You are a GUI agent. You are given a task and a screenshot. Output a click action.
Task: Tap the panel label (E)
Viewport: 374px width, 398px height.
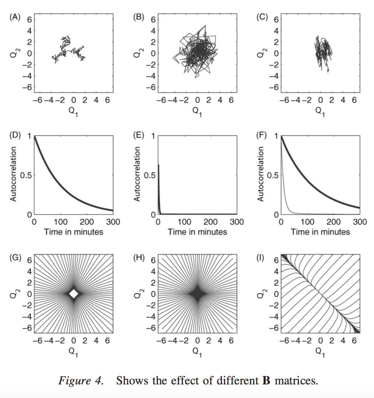click(x=139, y=136)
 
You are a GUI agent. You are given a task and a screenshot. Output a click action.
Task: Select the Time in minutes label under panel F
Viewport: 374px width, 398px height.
click(x=320, y=232)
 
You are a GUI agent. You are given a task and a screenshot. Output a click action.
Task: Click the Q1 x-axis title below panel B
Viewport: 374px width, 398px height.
click(x=197, y=111)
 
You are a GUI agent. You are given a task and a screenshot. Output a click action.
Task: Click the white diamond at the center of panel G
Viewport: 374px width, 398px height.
click(x=73, y=294)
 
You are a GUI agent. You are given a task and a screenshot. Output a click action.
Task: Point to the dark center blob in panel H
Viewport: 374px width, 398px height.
click(x=197, y=294)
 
